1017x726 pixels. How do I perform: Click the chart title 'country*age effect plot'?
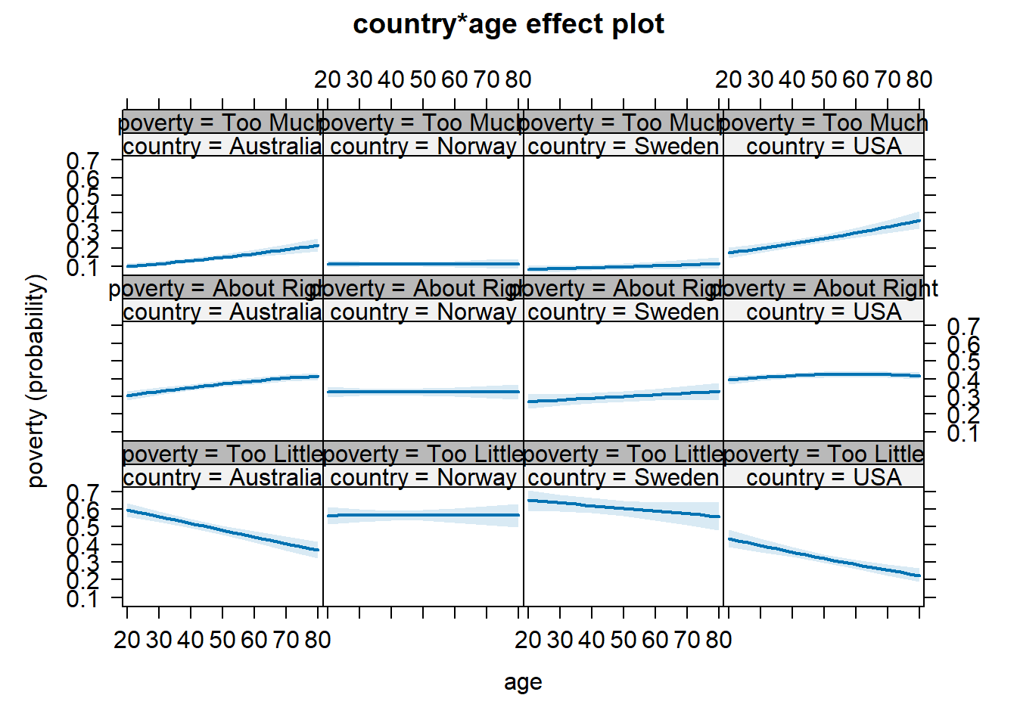[x=508, y=24]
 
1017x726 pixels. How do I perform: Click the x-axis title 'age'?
[x=523, y=682]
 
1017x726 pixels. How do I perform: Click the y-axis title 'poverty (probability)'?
[x=36, y=380]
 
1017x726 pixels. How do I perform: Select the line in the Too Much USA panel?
[x=823, y=237]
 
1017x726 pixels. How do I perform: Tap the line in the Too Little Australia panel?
[x=222, y=530]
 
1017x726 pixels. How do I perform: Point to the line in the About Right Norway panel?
[x=423, y=392]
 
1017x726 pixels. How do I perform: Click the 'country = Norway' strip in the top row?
[x=423, y=146]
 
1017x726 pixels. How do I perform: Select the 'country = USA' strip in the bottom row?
[x=823, y=477]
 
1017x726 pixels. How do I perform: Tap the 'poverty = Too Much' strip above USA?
[x=823, y=123]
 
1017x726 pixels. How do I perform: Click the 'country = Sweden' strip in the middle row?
[x=623, y=312]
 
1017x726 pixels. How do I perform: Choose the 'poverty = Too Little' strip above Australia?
[x=222, y=454]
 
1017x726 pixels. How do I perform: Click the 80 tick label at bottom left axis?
[x=318, y=641]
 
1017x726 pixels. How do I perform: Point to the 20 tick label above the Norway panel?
[x=328, y=79]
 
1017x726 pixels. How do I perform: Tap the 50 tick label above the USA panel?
[x=823, y=79]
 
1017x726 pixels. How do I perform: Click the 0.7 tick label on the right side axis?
[x=963, y=327]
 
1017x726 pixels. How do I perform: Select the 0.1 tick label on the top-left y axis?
[x=82, y=268]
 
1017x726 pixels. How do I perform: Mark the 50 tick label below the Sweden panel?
[x=623, y=641]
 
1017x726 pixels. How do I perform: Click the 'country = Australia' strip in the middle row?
[x=222, y=312]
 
